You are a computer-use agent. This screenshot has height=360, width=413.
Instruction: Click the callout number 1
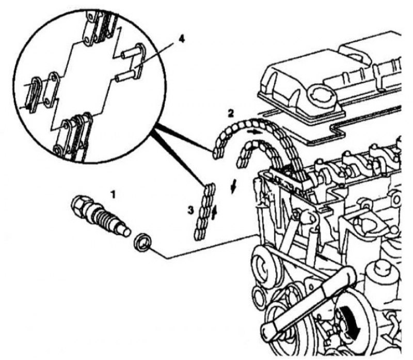113,195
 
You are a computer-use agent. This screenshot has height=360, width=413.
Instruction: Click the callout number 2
230,113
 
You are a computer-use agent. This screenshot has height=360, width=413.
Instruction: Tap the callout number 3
190,210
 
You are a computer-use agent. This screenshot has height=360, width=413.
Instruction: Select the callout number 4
181,39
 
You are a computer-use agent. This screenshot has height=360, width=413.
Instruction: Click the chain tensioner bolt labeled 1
101,216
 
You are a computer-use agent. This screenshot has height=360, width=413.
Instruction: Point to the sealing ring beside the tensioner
142,242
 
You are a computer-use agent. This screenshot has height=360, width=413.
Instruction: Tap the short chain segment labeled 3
205,212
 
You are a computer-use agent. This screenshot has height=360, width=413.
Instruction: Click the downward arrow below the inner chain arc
233,187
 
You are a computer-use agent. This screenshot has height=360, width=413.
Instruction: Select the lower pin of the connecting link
123,77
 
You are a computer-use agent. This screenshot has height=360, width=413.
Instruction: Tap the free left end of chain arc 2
216,153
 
